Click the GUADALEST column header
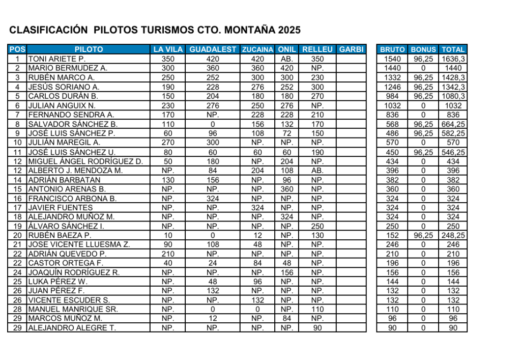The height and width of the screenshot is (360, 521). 213,49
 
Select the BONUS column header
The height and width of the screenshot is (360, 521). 423,49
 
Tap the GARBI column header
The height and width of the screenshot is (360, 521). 351,49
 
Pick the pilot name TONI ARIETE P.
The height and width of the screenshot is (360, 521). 56,59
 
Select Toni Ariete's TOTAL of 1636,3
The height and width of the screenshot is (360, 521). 453,59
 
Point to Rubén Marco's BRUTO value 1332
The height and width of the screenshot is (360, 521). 392,77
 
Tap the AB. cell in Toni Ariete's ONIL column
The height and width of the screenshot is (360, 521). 287,59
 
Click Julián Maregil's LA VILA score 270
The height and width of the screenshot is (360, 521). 168,143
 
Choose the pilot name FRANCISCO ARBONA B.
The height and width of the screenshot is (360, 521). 72,198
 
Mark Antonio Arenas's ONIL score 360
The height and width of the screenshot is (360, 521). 287,189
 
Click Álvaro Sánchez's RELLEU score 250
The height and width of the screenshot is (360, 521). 317,226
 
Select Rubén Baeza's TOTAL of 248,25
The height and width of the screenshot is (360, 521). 453,235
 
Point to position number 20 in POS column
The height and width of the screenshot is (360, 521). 17,235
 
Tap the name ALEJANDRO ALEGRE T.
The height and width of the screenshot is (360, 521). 72,328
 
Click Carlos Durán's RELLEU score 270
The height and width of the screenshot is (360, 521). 317,96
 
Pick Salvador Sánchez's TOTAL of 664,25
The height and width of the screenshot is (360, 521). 453,124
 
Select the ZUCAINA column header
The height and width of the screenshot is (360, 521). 257,49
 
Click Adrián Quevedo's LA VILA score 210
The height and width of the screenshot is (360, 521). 168,254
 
